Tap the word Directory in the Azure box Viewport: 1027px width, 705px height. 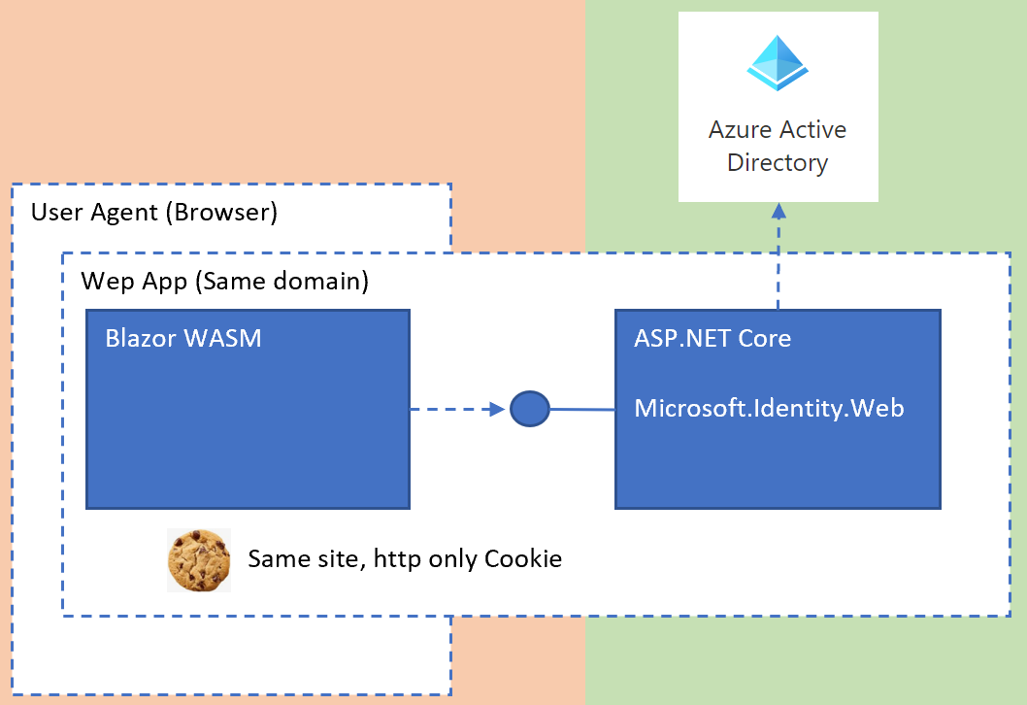tap(778, 162)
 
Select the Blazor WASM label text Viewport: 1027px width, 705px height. tap(183, 339)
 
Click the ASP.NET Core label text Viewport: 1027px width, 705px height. tap(712, 339)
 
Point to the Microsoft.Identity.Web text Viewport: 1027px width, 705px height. tap(769, 409)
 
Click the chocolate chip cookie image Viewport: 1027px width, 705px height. tap(199, 560)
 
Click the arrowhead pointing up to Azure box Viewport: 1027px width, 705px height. tap(779, 211)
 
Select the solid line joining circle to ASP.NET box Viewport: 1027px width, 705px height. tap(582, 410)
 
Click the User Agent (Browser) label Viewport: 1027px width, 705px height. tap(154, 213)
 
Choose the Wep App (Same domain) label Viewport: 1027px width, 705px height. tap(224, 282)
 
